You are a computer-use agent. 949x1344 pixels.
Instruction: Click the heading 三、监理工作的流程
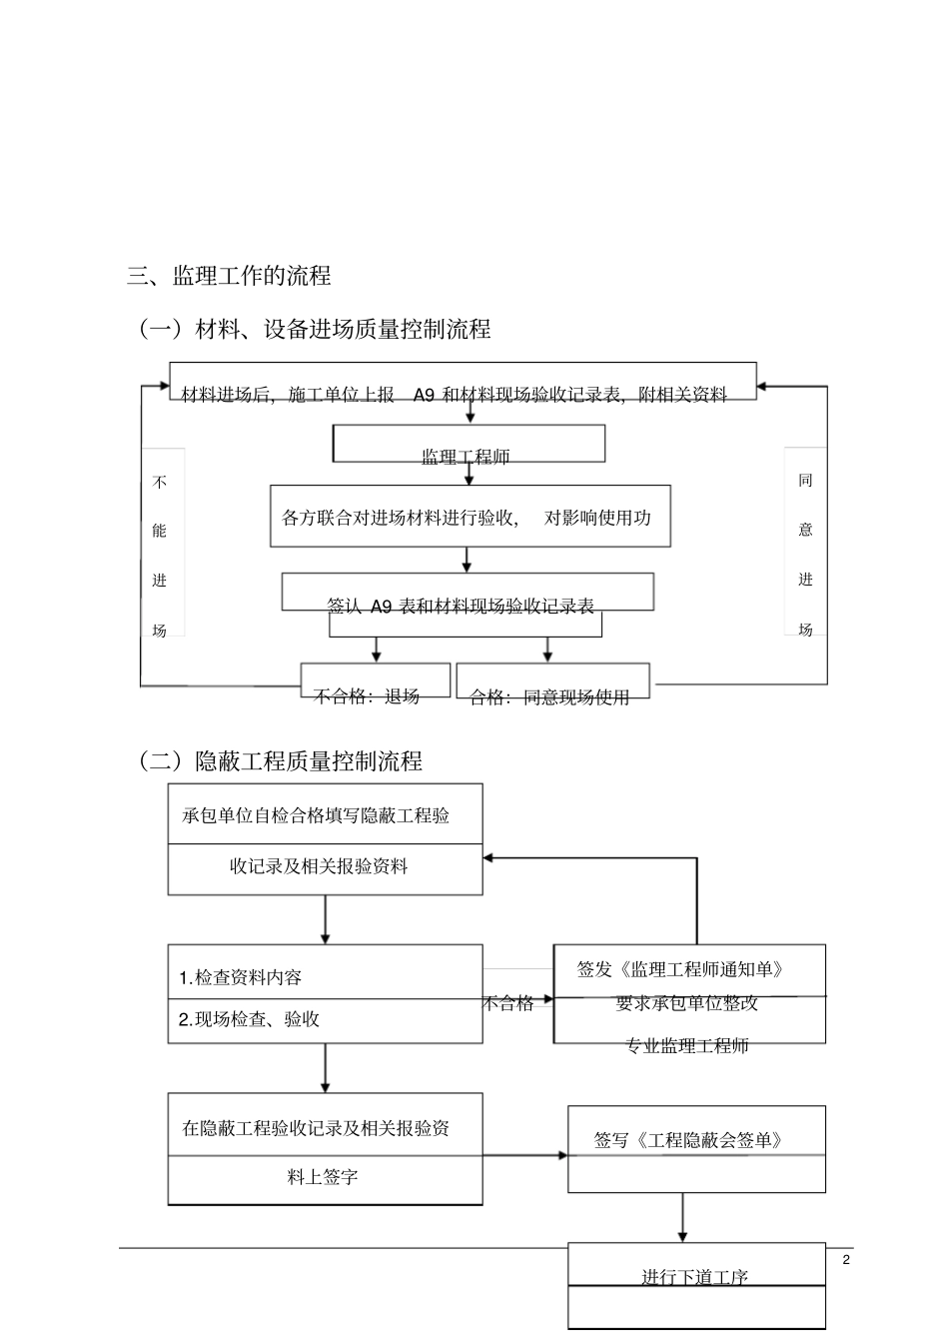click(x=229, y=276)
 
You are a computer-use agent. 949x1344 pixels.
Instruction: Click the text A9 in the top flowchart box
click(x=424, y=395)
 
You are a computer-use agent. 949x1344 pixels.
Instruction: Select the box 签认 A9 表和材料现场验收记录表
click(x=467, y=594)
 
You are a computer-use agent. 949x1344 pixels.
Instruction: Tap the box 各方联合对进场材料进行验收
click(x=470, y=517)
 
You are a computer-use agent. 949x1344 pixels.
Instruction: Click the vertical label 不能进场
click(x=160, y=556)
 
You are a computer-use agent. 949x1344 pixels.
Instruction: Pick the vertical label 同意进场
click(x=806, y=554)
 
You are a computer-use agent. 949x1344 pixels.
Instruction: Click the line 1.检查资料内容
click(x=240, y=977)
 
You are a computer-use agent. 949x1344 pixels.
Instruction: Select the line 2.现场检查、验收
click(x=249, y=1019)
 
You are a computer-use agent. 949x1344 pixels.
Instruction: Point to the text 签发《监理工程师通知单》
click(x=680, y=969)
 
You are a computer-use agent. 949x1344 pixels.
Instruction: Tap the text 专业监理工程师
click(x=687, y=1045)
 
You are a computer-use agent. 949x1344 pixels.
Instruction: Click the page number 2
click(x=846, y=1259)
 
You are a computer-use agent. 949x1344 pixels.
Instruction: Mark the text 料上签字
click(x=323, y=1177)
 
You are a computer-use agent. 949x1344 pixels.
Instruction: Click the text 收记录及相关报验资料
click(x=319, y=866)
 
